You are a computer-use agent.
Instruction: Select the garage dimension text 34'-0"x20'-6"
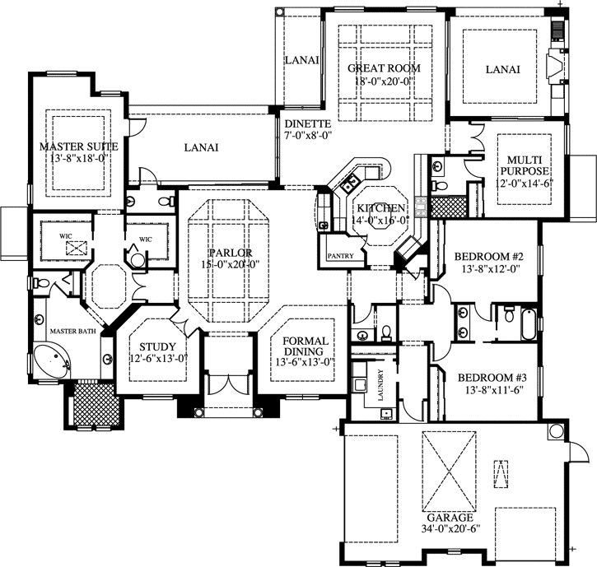coord(450,531)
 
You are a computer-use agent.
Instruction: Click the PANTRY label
coord(340,256)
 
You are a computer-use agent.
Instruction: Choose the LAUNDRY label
coord(380,383)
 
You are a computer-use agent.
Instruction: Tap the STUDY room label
coord(152,346)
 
